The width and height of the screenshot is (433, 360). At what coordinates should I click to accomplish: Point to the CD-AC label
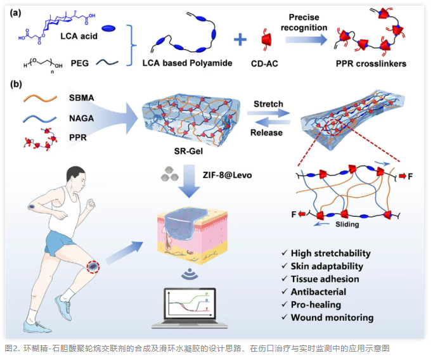[266, 63]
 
